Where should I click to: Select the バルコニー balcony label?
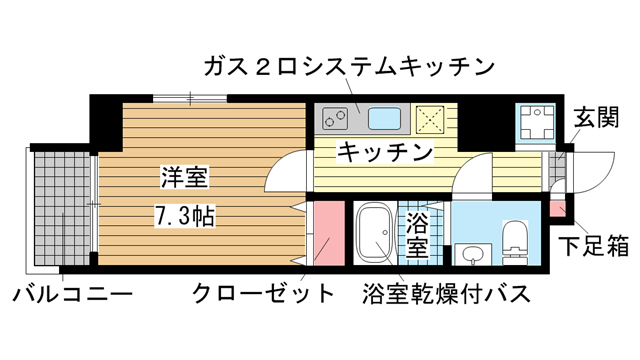(71, 295)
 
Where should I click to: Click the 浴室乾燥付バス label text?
(445, 295)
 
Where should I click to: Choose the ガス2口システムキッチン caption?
(348, 67)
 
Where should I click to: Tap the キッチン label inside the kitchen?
(384, 153)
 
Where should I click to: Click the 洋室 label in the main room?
(183, 179)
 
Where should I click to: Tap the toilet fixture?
(515, 241)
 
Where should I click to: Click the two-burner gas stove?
(338, 119)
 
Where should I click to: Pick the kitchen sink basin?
(385, 119)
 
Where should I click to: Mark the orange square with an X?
(432, 119)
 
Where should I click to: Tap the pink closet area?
(325, 232)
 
